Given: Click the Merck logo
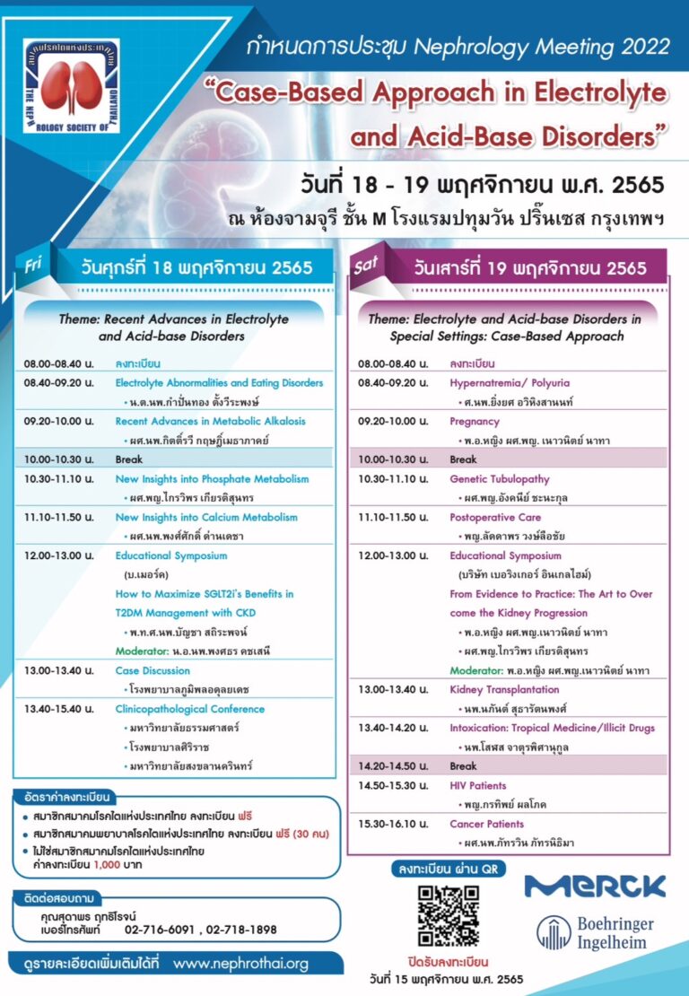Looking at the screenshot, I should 595,887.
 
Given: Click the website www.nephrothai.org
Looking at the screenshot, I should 240,964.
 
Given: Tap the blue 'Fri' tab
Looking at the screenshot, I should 33,266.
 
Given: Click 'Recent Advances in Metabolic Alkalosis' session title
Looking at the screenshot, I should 210,421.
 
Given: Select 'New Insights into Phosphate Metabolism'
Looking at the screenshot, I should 212,479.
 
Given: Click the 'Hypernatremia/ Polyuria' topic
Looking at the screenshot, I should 509,382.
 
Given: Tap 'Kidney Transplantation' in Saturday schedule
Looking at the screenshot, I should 504,689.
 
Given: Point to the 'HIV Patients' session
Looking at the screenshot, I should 477,786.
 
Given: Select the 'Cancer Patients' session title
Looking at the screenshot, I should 486,824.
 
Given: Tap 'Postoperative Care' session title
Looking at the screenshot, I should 496,518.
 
